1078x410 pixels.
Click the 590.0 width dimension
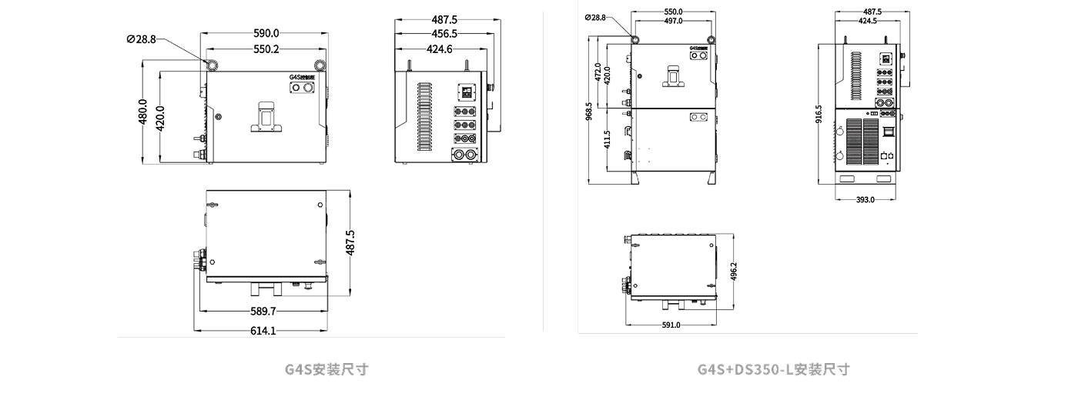(266, 33)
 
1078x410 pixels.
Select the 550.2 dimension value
(266, 49)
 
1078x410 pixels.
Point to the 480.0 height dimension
(142, 113)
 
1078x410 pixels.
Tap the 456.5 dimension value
(444, 34)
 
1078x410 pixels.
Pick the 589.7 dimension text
(263, 312)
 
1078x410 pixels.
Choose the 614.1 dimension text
(263, 331)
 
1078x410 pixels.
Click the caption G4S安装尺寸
(326, 369)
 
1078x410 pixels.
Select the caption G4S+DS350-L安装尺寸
(773, 369)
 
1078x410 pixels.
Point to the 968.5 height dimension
(589, 112)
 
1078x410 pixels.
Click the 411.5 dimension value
(608, 139)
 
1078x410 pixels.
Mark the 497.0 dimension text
(673, 21)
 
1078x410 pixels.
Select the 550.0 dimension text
(673, 12)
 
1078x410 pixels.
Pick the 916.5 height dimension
(819, 113)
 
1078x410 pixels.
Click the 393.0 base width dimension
(865, 200)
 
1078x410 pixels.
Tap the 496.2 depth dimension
(733, 272)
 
